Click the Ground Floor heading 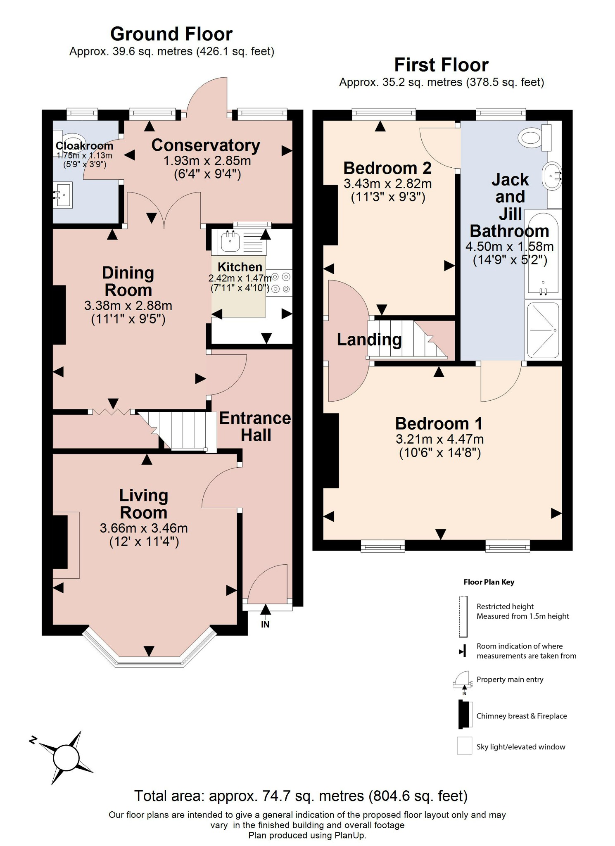[x=171, y=34]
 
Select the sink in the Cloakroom [x=63, y=194]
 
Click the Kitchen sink [x=230, y=241]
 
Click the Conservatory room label [x=205, y=145]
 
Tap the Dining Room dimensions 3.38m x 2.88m [x=128, y=306]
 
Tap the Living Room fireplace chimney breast [x=60, y=542]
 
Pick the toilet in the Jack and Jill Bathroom [x=536, y=138]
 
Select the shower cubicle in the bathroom [x=543, y=330]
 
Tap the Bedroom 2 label [x=387, y=168]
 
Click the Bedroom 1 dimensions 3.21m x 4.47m [x=439, y=439]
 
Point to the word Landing [x=369, y=340]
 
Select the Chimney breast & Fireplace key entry [x=521, y=716]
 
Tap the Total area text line [x=301, y=796]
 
